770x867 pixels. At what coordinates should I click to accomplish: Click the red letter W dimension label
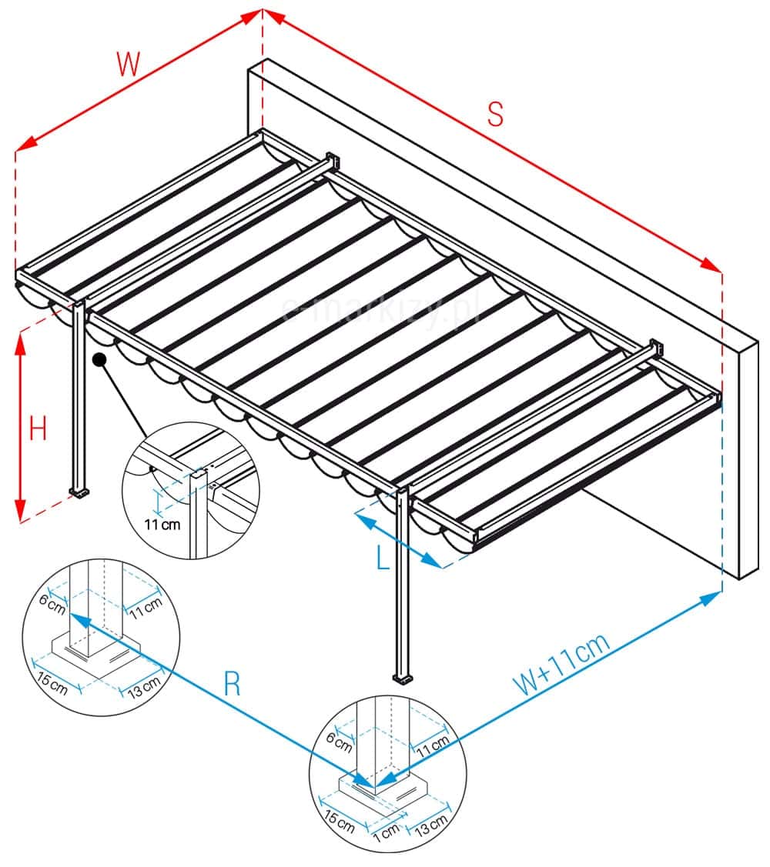click(x=129, y=64)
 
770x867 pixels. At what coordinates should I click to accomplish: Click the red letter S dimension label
click(x=495, y=114)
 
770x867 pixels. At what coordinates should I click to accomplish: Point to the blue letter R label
click(x=233, y=683)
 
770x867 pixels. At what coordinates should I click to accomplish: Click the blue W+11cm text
click(x=562, y=663)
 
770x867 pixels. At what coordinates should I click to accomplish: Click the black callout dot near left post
click(x=99, y=360)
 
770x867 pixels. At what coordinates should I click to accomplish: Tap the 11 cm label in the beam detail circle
click(x=162, y=524)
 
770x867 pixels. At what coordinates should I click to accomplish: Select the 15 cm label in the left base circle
click(x=52, y=682)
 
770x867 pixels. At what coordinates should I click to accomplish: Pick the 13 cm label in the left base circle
click(x=144, y=686)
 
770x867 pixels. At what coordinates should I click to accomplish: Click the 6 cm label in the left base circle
click(x=52, y=604)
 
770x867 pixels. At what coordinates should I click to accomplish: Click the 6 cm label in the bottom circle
click(x=339, y=742)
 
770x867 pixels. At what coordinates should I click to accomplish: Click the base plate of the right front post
click(x=403, y=678)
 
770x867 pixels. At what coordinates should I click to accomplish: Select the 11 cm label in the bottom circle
click(x=432, y=746)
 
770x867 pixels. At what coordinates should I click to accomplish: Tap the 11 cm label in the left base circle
click(x=146, y=608)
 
